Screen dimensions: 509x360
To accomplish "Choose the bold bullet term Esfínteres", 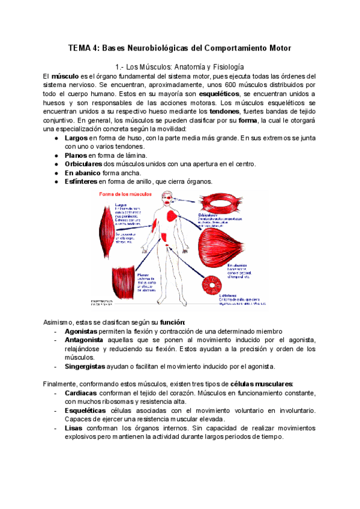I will (x=81, y=181).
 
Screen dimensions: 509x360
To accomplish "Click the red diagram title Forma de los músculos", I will (x=125, y=194).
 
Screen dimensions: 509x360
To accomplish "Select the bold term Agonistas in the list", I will (x=83, y=331).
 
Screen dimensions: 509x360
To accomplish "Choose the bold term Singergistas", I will (x=85, y=366).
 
